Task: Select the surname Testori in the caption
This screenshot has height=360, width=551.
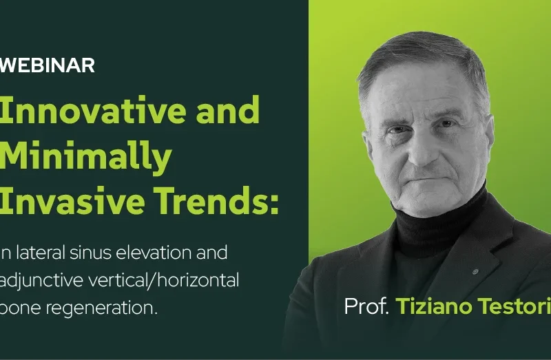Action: click(517, 307)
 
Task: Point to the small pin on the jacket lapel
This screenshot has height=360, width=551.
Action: click(475, 271)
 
